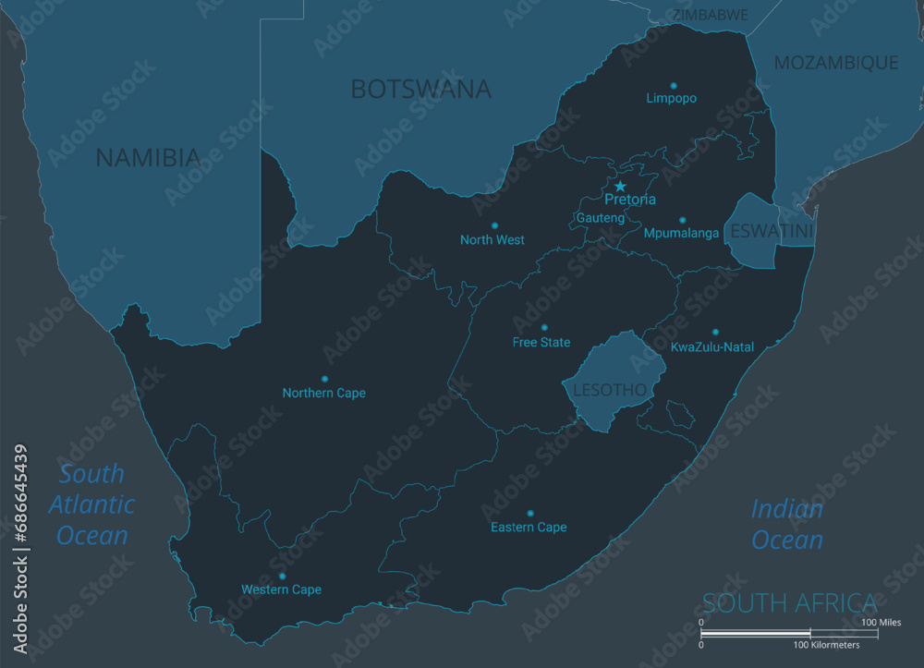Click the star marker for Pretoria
[x=620, y=187]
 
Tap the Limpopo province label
[x=672, y=98]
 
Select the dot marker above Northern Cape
[x=324, y=379]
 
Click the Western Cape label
[x=281, y=589]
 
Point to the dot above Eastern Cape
[x=529, y=513]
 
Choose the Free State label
[x=541, y=343]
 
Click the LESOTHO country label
[x=610, y=390]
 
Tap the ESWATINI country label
[x=772, y=231]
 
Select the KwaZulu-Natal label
[x=712, y=347]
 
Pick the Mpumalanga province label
[x=681, y=234]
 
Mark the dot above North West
[x=494, y=225]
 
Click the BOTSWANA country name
[x=420, y=90]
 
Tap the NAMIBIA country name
[x=148, y=158]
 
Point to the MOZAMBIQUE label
[x=835, y=63]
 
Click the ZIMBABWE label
[x=710, y=16]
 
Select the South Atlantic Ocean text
[x=91, y=504]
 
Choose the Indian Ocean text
[x=786, y=524]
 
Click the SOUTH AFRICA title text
[x=789, y=603]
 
